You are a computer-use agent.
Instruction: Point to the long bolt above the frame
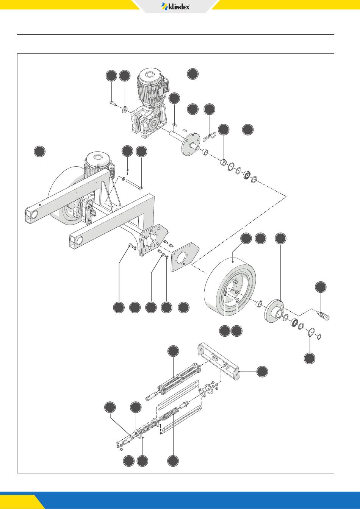pyautogui.click(x=132, y=184)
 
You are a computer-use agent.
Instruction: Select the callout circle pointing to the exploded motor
pyautogui.click(x=193, y=74)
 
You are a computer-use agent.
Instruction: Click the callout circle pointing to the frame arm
pyautogui.click(x=39, y=151)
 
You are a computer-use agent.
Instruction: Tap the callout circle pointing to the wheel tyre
pyautogui.click(x=246, y=238)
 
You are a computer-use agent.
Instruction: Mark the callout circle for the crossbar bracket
pyautogui.click(x=261, y=372)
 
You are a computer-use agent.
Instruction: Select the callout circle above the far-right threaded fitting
pyautogui.click(x=321, y=287)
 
